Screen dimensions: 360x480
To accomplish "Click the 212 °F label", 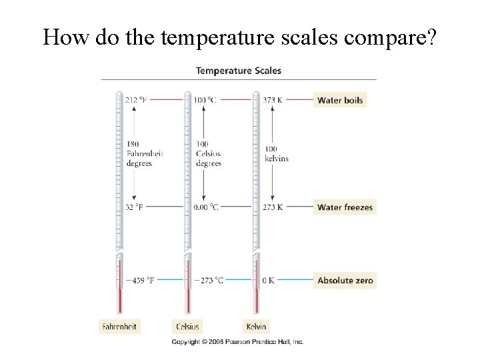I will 135,100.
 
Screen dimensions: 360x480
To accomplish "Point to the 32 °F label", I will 134,207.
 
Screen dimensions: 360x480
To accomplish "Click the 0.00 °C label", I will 206,207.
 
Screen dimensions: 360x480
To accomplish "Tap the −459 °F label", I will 139,281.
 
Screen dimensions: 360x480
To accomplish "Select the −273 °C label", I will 209,281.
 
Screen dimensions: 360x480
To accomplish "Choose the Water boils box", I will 340,100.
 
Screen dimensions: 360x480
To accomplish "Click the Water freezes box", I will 345,207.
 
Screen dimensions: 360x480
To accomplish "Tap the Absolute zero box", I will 345,281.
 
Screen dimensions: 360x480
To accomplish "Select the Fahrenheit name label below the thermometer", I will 120,327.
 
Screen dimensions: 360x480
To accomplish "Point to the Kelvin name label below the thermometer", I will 256,327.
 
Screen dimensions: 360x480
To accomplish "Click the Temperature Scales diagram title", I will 238,71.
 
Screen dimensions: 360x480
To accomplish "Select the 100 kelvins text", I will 276,154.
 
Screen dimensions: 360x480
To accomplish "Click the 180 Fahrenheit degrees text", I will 144,154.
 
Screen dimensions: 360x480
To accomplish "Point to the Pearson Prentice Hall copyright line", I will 237,342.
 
